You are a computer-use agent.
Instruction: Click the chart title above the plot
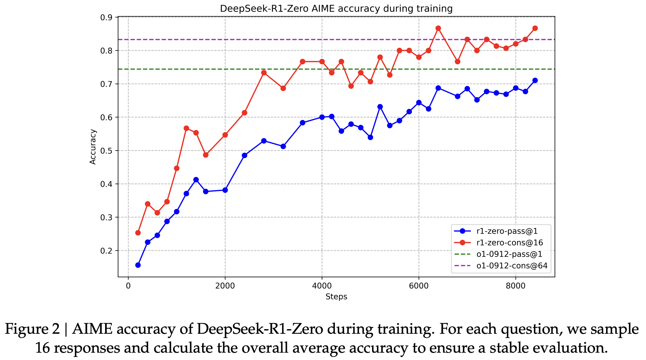(x=336, y=8)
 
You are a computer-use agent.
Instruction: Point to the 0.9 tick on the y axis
(x=108, y=18)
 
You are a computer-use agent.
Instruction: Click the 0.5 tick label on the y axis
(x=108, y=151)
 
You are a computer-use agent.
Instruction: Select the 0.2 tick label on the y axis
(x=108, y=251)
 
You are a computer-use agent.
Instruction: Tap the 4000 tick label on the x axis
(x=322, y=285)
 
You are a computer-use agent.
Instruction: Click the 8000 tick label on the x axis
(x=515, y=285)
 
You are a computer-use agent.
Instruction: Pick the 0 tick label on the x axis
(x=128, y=285)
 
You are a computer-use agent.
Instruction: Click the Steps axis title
(x=336, y=297)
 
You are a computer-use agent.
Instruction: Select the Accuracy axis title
(x=93, y=147)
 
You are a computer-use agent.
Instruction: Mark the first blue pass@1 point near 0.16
(x=138, y=265)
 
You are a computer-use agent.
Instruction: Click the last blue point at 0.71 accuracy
(x=535, y=81)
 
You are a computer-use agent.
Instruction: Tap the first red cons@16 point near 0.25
(x=138, y=233)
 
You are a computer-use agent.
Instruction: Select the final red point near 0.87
(x=535, y=28)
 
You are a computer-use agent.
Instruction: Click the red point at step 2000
(x=225, y=135)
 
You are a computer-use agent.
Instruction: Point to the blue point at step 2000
(x=225, y=190)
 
